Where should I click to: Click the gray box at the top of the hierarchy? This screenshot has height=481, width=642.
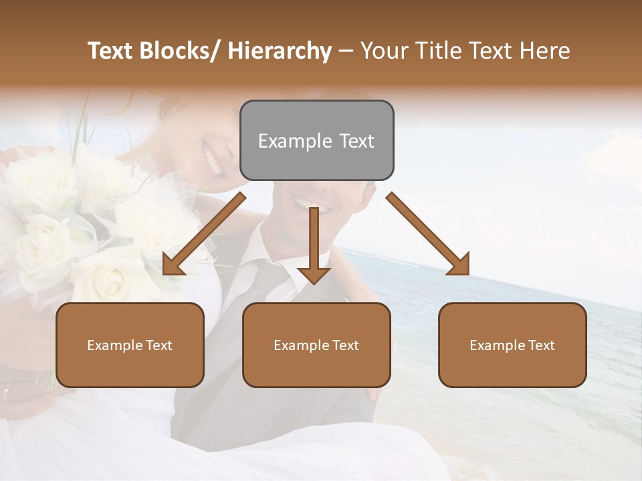tap(316, 140)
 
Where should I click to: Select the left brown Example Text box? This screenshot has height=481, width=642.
tap(130, 345)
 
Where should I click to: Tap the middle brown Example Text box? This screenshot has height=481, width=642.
tap(316, 345)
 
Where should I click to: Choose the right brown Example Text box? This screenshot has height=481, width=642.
tap(512, 345)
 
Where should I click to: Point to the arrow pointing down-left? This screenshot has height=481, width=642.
tap(203, 234)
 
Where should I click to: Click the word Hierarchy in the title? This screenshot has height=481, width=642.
tap(280, 51)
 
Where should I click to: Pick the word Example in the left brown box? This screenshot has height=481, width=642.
tap(114, 345)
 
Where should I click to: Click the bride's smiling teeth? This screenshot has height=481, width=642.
tap(213, 161)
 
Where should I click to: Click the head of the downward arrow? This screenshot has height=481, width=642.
tap(314, 275)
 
